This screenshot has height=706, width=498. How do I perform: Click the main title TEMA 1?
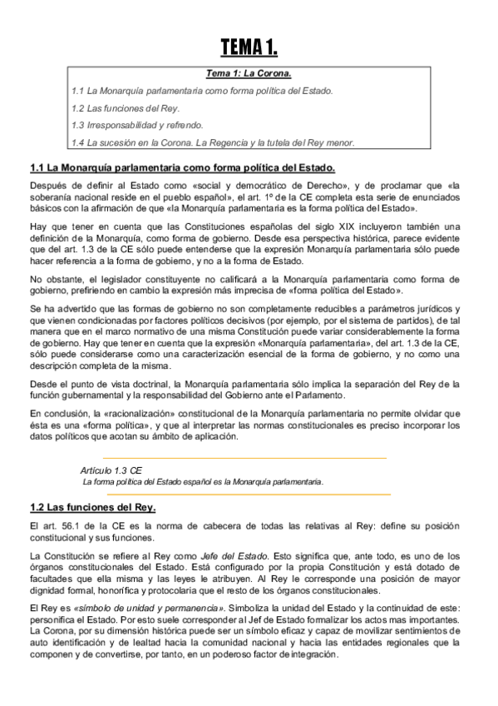[249, 45]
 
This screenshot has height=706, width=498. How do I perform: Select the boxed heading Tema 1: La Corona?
[249, 73]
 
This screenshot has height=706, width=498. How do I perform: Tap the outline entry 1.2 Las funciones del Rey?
[126, 108]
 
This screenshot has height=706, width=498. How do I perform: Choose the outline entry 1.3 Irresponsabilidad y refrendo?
[137, 125]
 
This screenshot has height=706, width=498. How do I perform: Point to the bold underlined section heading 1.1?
[182, 167]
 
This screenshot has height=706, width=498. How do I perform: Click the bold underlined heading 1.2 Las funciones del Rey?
[92, 507]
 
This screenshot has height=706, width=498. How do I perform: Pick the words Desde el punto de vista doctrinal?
[98, 383]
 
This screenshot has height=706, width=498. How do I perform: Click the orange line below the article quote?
[245, 495]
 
